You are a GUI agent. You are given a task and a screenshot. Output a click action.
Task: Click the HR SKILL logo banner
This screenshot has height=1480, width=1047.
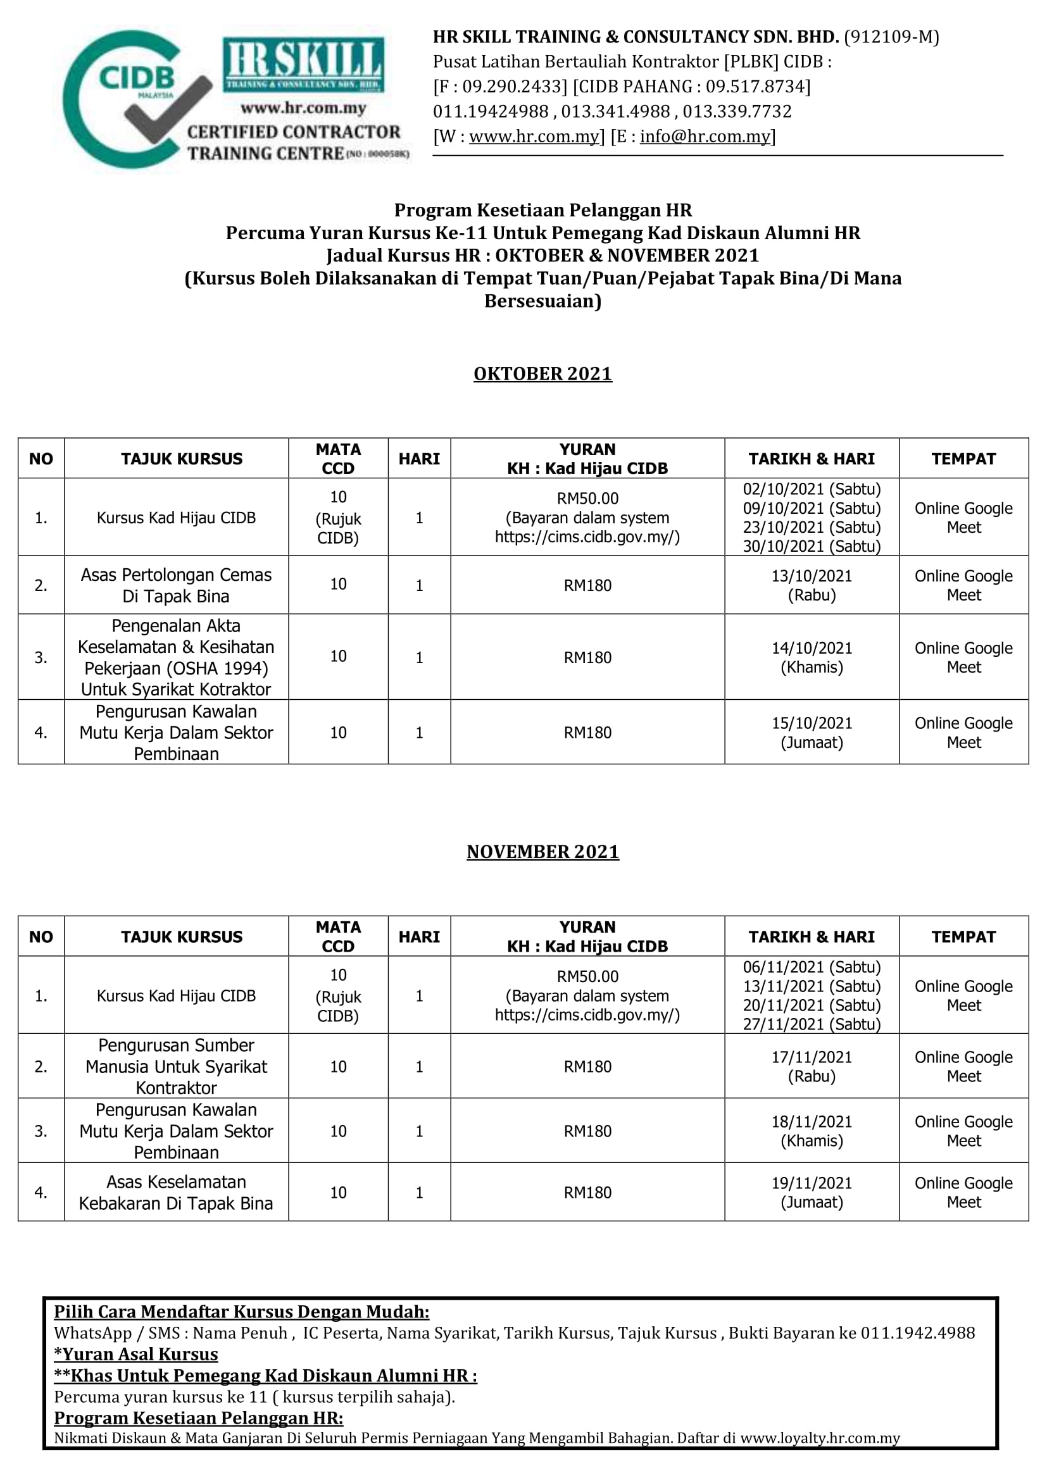[303, 65]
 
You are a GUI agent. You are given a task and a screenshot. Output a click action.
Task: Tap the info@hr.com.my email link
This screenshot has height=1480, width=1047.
[705, 137]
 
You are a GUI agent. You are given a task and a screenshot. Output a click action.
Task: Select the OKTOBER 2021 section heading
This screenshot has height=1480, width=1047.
[542, 374]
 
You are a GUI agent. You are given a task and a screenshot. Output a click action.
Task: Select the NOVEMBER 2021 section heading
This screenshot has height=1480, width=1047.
[542, 852]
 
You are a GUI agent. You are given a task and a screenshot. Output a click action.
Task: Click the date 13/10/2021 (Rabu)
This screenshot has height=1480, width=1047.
[811, 585]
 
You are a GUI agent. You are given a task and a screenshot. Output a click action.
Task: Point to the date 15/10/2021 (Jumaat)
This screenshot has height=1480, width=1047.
[811, 732]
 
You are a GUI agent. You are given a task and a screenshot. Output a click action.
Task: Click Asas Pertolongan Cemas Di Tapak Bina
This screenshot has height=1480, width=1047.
[176, 585]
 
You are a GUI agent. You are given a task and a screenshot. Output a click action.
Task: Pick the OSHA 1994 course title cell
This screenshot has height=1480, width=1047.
[176, 657]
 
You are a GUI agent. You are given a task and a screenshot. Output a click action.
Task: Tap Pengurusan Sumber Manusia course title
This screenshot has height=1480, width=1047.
[176, 1066]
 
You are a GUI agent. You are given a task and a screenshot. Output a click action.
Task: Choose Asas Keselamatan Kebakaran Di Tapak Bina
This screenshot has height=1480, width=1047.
[176, 1193]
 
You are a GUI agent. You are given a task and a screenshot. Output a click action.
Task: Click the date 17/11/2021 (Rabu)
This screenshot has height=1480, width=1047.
[811, 1066]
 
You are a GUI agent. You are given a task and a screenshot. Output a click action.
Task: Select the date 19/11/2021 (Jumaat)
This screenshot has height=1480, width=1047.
[811, 1193]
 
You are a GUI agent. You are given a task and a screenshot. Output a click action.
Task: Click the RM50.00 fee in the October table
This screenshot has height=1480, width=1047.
[587, 498]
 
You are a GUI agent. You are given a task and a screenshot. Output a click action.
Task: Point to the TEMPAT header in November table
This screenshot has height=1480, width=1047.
[963, 936]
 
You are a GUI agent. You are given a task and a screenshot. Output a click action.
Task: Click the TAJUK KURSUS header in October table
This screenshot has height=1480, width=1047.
[182, 459]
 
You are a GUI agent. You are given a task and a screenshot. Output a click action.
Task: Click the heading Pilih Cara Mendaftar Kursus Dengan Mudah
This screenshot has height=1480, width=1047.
[241, 1312]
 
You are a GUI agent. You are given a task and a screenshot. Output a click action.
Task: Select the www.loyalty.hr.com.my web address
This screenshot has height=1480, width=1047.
[819, 1438]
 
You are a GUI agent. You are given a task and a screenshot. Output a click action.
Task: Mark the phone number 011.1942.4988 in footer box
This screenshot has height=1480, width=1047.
[917, 1333]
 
